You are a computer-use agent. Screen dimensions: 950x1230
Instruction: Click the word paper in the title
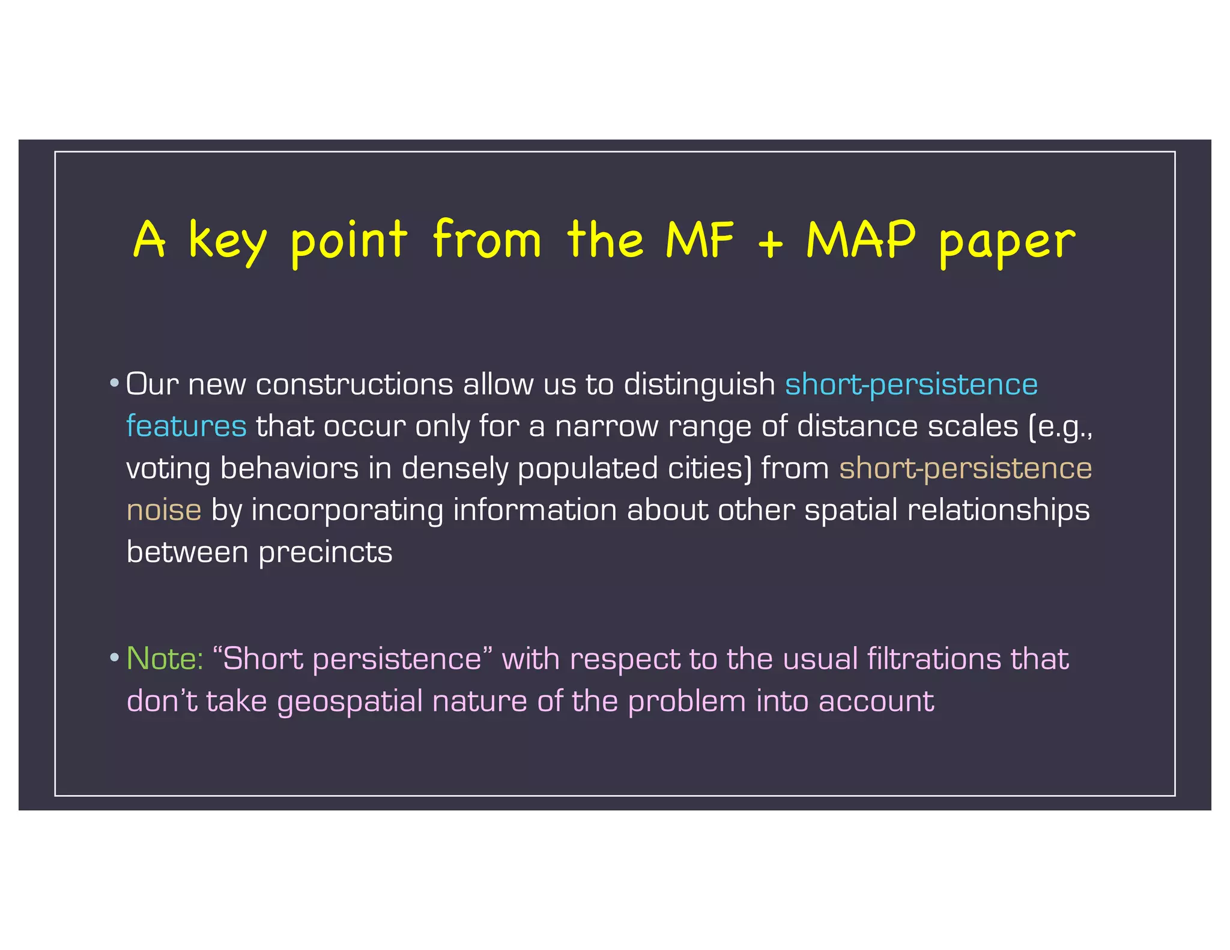[x=1007, y=243]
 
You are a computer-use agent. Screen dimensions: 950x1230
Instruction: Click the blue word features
[x=186, y=426]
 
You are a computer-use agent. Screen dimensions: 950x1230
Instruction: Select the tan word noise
[x=164, y=510]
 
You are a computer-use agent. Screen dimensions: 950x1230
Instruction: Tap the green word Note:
[x=165, y=658]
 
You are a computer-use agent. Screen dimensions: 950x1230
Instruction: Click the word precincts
[x=326, y=552]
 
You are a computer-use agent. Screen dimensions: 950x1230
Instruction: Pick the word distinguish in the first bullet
[x=700, y=385]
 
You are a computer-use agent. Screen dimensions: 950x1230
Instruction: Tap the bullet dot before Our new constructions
[x=114, y=383]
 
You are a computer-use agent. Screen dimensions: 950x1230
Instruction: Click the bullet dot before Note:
[x=114, y=658]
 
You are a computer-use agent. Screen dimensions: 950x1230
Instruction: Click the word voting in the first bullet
[x=168, y=469]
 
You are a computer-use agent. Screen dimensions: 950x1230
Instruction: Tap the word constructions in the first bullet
[x=354, y=384]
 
